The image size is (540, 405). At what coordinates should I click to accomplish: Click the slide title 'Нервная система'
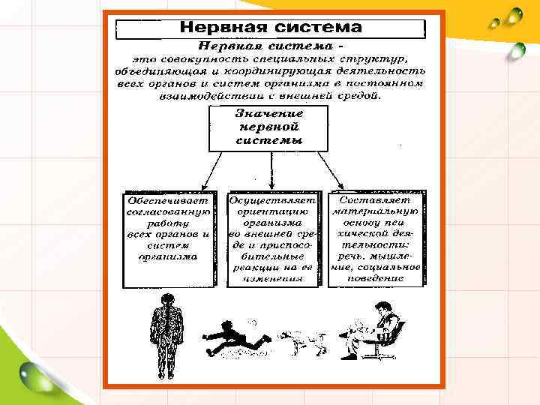click(x=270, y=28)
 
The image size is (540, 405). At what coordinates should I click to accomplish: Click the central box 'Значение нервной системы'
click(x=269, y=127)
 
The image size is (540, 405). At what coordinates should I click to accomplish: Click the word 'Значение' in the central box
click(x=269, y=114)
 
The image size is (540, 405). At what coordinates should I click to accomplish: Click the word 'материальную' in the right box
click(x=376, y=212)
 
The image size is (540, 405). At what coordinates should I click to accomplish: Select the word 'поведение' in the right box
click(x=376, y=277)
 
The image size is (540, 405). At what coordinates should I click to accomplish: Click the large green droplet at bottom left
click(x=34, y=373)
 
